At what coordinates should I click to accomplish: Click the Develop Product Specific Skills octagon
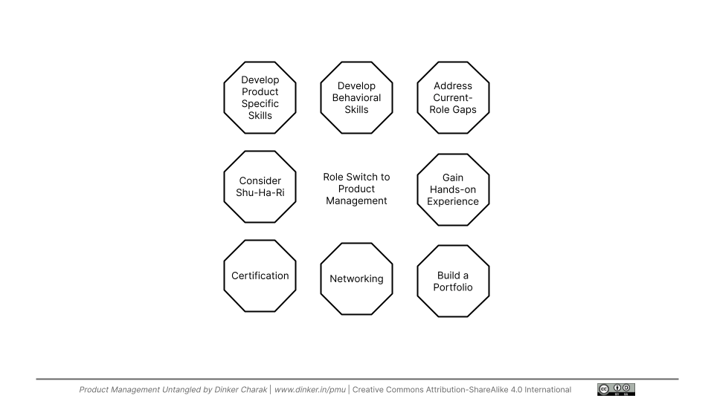(x=260, y=97)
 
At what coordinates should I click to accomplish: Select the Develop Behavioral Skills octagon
(x=356, y=97)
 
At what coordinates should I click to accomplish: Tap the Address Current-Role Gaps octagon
(x=453, y=97)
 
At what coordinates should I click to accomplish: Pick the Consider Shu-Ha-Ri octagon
(x=260, y=186)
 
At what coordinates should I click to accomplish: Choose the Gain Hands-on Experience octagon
(x=453, y=189)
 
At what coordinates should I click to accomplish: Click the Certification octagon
(x=260, y=276)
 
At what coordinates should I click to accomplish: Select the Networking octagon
(x=356, y=278)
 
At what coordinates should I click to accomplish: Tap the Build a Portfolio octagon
(x=453, y=281)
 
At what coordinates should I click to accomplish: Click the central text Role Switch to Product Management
(x=356, y=189)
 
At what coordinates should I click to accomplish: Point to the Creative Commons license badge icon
(x=616, y=389)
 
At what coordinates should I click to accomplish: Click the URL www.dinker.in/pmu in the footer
(x=310, y=390)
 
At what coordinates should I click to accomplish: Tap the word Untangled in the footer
(x=176, y=390)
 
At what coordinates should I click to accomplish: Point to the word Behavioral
(x=356, y=97)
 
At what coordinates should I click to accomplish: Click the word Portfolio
(x=453, y=287)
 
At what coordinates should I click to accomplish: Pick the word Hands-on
(x=453, y=189)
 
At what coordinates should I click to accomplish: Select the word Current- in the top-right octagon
(x=453, y=97)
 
